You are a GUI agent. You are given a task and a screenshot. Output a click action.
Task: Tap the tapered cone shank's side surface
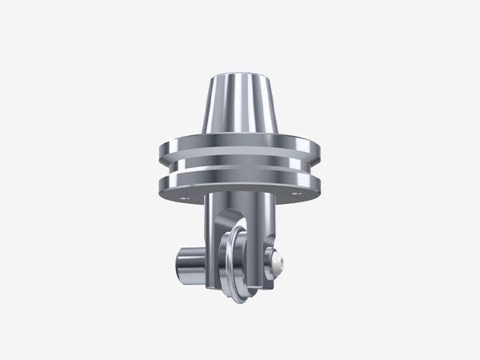240,108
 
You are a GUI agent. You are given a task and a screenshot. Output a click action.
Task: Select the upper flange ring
240,150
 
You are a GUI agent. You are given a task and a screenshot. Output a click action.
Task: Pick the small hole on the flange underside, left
186,195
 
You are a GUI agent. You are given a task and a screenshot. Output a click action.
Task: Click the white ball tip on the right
278,262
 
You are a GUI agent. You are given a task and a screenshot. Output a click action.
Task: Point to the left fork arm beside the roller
212,256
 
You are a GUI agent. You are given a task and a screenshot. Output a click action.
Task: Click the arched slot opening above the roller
232,219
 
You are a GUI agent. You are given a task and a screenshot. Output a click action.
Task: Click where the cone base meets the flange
240,138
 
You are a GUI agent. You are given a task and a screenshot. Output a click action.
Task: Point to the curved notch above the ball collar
272,244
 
